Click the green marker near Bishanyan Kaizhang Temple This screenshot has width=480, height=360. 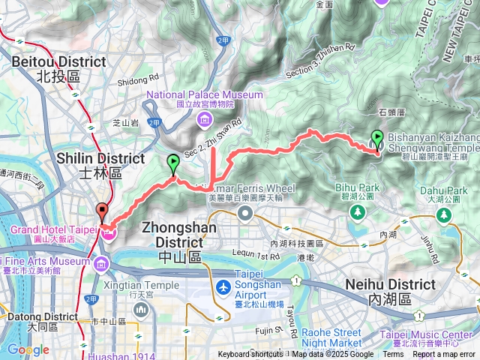point(376,139)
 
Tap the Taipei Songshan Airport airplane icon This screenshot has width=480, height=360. point(223,287)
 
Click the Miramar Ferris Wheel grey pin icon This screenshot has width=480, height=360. point(245,214)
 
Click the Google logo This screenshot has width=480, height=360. point(28,349)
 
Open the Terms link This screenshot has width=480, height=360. point(393,355)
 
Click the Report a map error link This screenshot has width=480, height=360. point(445,355)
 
